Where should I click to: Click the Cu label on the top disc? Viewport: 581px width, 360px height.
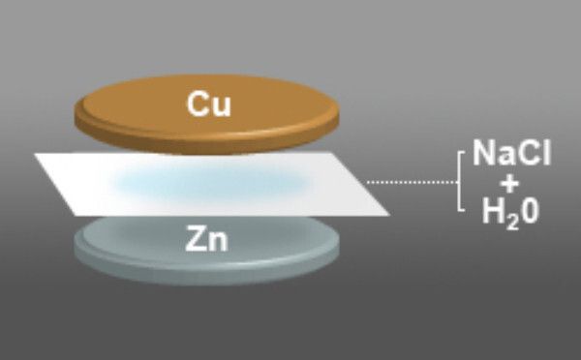click(x=210, y=104)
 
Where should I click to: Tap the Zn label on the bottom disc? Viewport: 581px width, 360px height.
click(x=207, y=239)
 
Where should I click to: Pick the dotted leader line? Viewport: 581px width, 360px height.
click(x=408, y=181)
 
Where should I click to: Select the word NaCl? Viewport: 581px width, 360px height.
click(x=512, y=153)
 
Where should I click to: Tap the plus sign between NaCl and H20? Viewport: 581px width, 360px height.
click(x=510, y=183)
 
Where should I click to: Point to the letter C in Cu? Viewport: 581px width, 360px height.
click(x=199, y=104)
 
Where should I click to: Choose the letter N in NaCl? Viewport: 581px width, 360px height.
click(x=483, y=153)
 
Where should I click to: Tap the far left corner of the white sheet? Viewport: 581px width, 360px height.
click(x=36, y=155)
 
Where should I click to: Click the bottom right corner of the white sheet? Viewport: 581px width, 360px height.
click(x=389, y=214)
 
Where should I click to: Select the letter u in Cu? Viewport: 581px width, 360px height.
click(x=222, y=105)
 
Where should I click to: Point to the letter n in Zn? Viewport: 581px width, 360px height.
click(x=219, y=241)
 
